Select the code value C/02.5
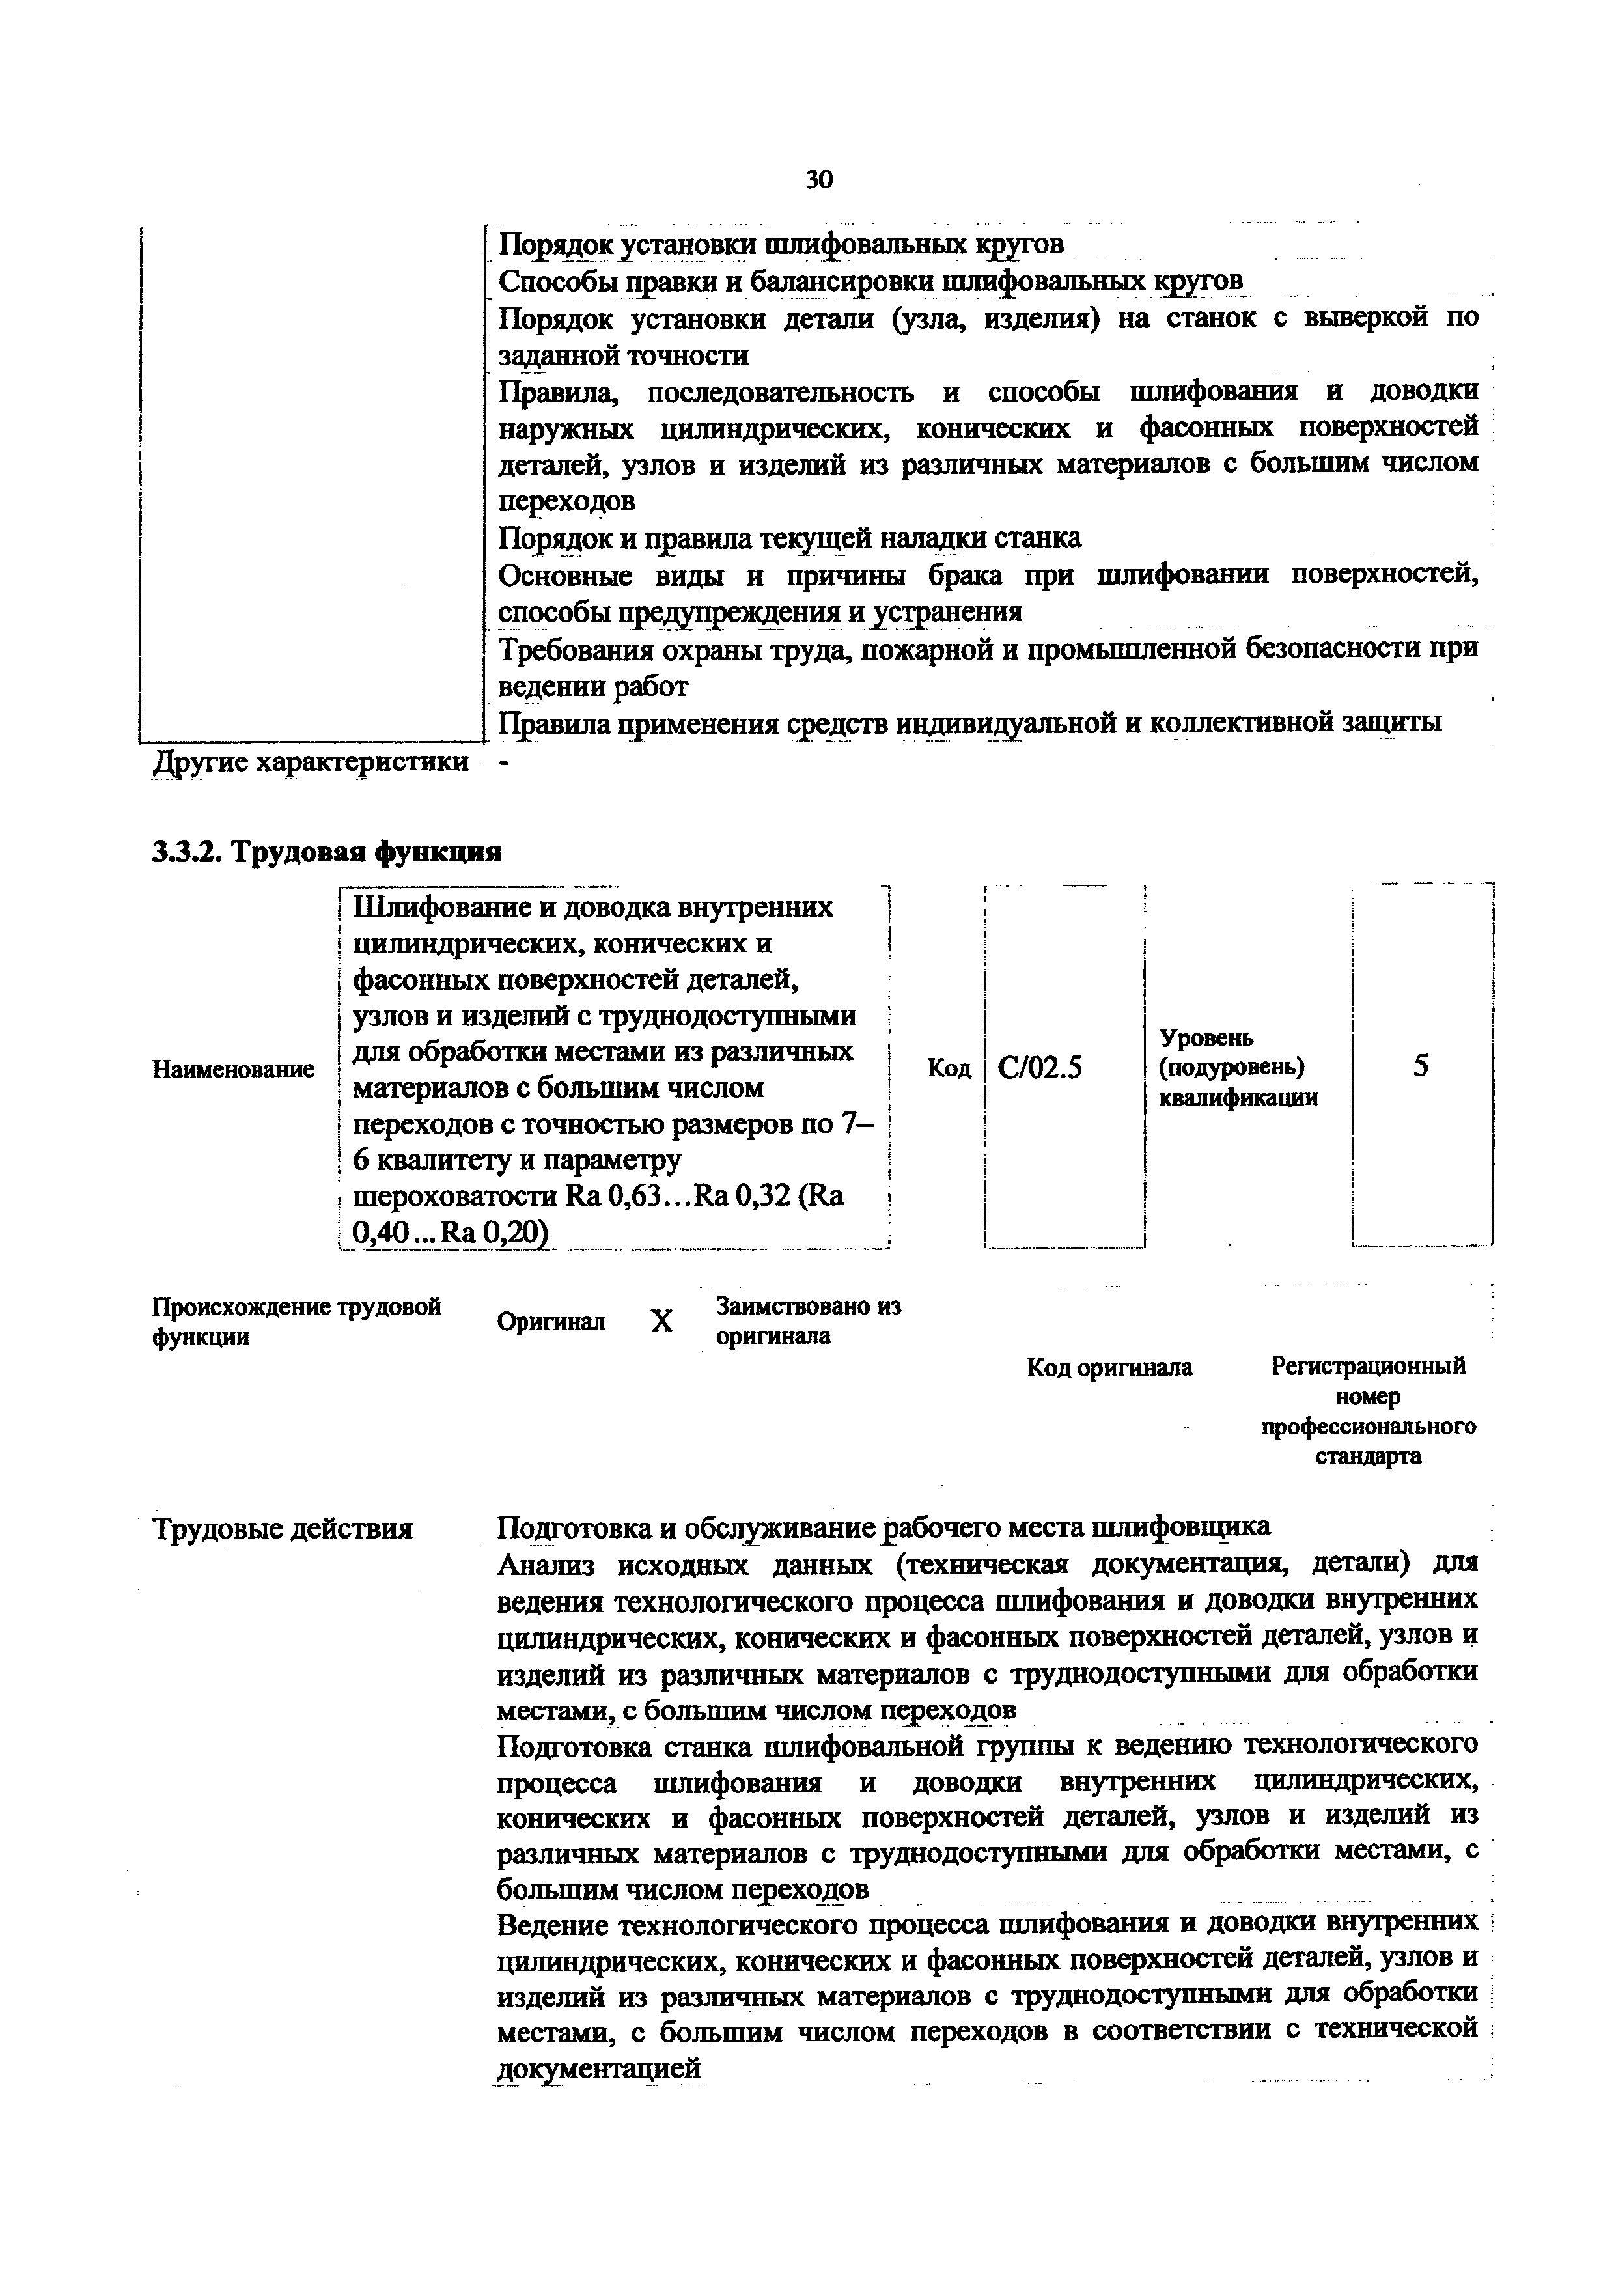pos(1039,1067)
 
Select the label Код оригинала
pos(1109,1369)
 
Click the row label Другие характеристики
pos(311,762)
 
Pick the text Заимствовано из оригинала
pos(807,1321)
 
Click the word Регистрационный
pos(1369,1367)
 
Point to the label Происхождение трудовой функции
pos(296,1321)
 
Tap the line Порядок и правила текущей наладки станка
pos(788,538)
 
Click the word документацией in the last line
pos(599,2068)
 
